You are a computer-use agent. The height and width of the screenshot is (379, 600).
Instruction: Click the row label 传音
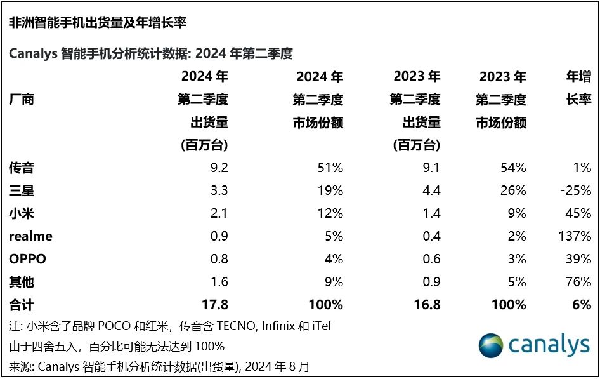(x=22, y=168)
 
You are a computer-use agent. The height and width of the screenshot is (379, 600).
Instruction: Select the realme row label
(x=30, y=236)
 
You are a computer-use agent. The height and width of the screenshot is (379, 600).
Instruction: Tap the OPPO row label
(x=28, y=259)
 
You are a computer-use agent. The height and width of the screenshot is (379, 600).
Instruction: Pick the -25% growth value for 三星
(x=576, y=191)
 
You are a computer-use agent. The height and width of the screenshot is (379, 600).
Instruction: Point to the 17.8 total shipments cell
(x=214, y=305)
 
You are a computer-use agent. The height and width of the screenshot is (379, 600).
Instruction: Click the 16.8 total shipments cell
(x=426, y=305)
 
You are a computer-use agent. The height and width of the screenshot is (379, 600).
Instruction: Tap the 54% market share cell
(x=512, y=168)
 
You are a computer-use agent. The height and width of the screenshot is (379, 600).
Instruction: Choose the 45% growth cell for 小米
(x=577, y=214)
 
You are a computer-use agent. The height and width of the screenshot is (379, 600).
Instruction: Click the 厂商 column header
(x=22, y=100)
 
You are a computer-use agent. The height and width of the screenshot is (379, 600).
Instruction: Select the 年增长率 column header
(x=578, y=89)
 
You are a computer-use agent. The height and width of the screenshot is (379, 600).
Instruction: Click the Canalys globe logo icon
(x=491, y=347)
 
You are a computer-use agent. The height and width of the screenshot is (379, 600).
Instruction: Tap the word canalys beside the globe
(x=549, y=345)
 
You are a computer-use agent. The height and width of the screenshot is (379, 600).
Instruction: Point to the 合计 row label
(x=22, y=305)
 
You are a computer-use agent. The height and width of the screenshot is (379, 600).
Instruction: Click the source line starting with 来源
(x=159, y=366)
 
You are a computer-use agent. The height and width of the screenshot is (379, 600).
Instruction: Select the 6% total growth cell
(x=581, y=305)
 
